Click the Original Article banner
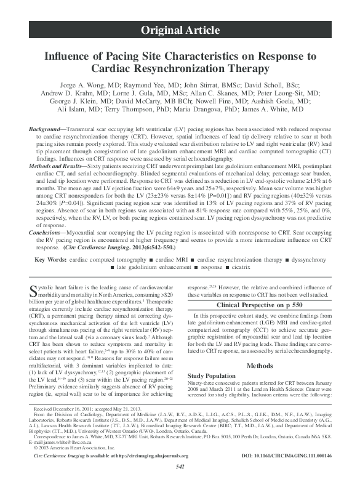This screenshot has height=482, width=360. pos(180,30)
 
